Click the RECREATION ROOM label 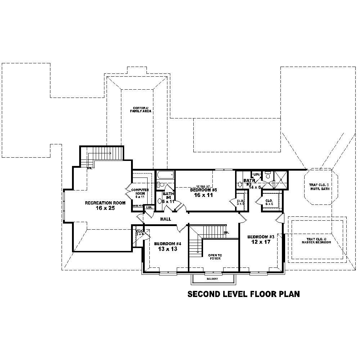click(105, 203)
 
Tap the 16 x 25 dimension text click(105, 208)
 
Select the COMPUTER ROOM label click(138, 192)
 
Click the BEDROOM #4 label click(168, 244)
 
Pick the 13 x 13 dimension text click(168, 249)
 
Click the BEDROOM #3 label click(261, 237)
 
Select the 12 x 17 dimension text click(261, 242)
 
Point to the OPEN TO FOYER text click(215, 257)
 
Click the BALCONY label click(212, 279)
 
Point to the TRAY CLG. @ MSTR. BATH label click(321, 187)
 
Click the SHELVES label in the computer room click(138, 206)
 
